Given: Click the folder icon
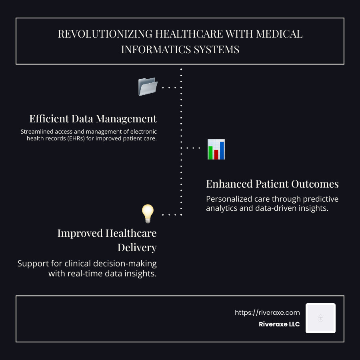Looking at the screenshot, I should [148, 87].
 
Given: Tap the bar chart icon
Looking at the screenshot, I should [216, 150].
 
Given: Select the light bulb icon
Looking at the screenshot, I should [148, 214].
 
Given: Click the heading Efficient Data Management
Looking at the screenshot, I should [93, 119].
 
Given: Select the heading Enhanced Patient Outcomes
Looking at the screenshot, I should [272, 184].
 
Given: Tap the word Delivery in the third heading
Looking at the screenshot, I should [137, 248].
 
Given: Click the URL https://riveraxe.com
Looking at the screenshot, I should [267, 313].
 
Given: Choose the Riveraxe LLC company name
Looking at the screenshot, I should [279, 324].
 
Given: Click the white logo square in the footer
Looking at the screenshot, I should [320, 318].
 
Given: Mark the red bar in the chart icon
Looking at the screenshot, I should [216, 154].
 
